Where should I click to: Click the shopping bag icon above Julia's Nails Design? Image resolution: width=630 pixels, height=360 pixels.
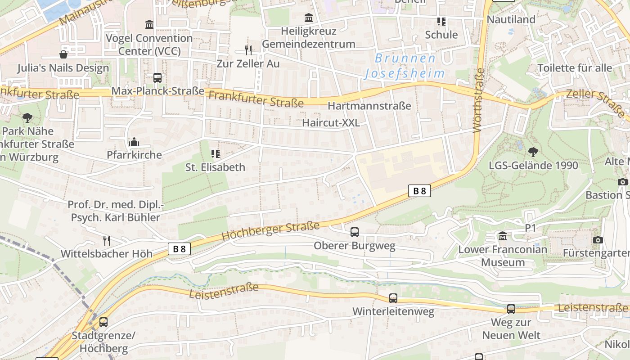(63, 54)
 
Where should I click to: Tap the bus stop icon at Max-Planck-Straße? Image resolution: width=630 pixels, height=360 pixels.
(157, 78)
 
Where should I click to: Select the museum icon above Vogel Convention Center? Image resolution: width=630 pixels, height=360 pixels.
(149, 24)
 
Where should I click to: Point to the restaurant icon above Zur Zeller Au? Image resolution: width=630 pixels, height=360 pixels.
(248, 50)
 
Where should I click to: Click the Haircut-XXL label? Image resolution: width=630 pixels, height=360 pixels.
(331, 123)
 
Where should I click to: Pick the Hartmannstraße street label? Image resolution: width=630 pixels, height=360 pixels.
(369, 106)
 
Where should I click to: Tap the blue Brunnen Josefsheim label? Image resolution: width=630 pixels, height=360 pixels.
(405, 66)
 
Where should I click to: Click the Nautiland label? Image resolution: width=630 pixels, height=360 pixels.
(511, 19)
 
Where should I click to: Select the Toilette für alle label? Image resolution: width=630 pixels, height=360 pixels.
(575, 68)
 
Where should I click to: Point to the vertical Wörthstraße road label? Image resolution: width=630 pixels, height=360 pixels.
(478, 100)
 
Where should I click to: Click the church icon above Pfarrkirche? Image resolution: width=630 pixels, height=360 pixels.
(134, 142)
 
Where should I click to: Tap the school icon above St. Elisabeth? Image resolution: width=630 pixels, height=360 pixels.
(216, 154)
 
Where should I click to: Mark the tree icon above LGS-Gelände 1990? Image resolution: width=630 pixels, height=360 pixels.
(533, 152)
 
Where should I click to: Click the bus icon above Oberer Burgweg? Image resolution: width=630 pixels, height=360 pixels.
(355, 232)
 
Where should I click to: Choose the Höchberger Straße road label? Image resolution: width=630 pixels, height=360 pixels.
(270, 231)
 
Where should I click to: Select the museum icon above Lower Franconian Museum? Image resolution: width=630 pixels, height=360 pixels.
(503, 236)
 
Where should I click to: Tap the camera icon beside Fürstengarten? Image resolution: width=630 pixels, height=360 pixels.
(598, 240)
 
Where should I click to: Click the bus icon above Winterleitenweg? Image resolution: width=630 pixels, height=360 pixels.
(393, 298)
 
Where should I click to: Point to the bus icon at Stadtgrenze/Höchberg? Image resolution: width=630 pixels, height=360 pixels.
(103, 322)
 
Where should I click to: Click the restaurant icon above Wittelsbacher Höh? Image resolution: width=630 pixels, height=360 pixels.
(107, 240)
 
